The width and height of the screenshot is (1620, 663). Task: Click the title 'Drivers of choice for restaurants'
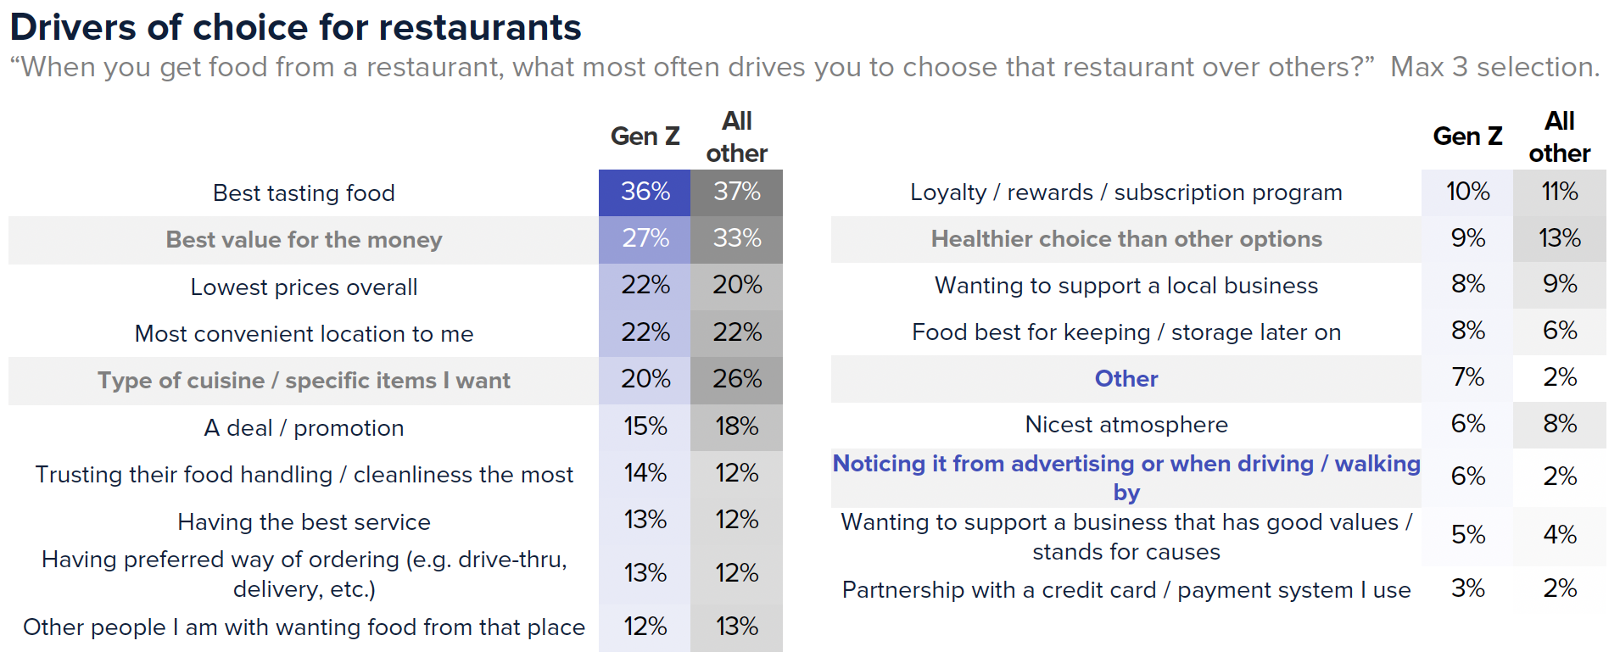pos(295,27)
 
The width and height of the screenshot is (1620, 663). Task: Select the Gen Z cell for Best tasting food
pos(645,192)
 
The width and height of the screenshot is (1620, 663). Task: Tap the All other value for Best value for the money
pos(736,238)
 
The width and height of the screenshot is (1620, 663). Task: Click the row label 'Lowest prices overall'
pos(304,287)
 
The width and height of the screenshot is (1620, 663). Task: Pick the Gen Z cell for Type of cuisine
pos(645,379)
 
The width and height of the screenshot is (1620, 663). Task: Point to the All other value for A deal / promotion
pos(736,426)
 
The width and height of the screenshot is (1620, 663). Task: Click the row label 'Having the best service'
pos(304,522)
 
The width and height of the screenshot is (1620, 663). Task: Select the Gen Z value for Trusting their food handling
pos(645,473)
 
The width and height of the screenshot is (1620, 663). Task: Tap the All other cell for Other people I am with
pos(736,627)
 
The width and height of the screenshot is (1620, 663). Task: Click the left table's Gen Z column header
pos(645,136)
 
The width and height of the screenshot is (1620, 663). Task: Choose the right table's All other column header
pos(1559,136)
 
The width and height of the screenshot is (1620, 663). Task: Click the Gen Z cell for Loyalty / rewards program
pos(1467,192)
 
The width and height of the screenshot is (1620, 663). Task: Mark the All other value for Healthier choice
pos(1559,238)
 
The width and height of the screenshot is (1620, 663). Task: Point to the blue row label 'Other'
pos(1126,379)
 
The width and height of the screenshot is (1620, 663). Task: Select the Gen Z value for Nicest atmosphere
pos(1467,424)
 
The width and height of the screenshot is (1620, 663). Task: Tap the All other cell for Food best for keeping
pos(1559,331)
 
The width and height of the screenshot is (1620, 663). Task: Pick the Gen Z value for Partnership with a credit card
pos(1467,588)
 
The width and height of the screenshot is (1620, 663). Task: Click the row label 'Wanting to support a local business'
pos(1126,286)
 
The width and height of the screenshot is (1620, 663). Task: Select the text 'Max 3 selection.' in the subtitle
pos(1494,67)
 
